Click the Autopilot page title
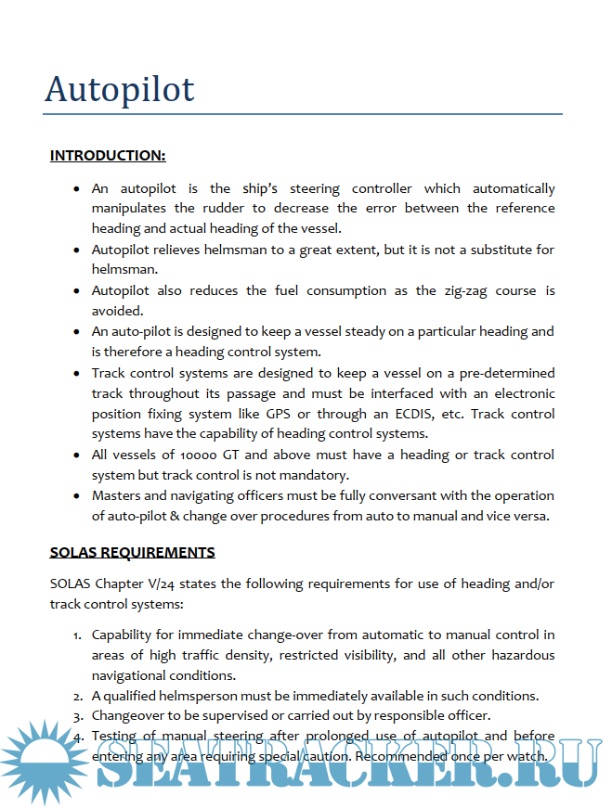point(120,89)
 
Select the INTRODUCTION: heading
point(108,155)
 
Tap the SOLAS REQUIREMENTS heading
point(132,552)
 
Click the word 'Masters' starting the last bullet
point(116,495)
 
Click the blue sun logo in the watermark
point(42,756)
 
